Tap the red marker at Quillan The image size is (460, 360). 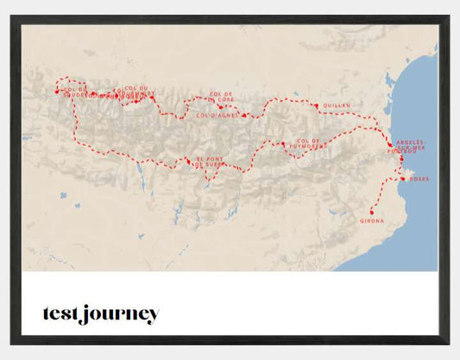tap(317, 105)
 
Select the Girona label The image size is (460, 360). tap(372, 221)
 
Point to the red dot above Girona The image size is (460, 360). tap(371, 212)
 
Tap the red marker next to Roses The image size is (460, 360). tap(402, 179)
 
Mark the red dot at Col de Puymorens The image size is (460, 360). tap(282, 144)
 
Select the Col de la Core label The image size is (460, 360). tap(222, 97)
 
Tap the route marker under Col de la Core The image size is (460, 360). tap(221, 107)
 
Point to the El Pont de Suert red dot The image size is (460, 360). tap(189, 160)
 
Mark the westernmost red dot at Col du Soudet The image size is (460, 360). tap(57, 91)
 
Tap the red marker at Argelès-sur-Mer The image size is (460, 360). tap(390, 144)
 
